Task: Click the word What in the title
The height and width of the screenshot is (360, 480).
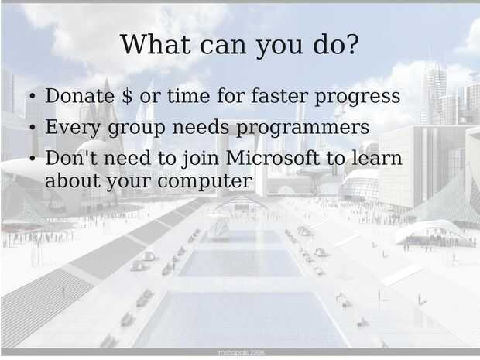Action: [x=155, y=44]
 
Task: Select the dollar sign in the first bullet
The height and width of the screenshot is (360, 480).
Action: [x=127, y=96]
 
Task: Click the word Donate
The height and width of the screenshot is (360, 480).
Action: [x=80, y=96]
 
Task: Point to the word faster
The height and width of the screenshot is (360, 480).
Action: [x=279, y=95]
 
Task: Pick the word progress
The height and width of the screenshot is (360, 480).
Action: [x=357, y=98]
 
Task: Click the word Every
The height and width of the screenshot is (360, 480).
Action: [x=73, y=127]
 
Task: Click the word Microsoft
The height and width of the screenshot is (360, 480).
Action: [x=273, y=158]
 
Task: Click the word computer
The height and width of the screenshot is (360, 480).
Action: [x=205, y=181]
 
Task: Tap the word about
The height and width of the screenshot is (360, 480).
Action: [x=72, y=180]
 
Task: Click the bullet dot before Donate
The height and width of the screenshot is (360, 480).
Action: [x=33, y=96]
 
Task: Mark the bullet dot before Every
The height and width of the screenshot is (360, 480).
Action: [x=33, y=127]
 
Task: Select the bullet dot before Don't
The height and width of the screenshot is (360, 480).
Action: [x=33, y=158]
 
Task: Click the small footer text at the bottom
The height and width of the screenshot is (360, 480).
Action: [x=242, y=352]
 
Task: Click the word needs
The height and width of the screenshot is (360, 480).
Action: [x=201, y=127]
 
